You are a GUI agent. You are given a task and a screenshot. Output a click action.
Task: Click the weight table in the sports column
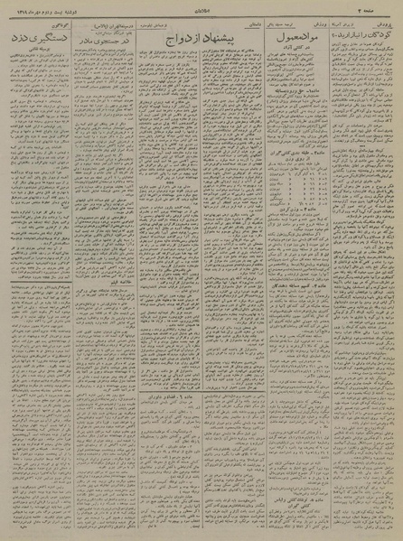pos(293,145)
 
